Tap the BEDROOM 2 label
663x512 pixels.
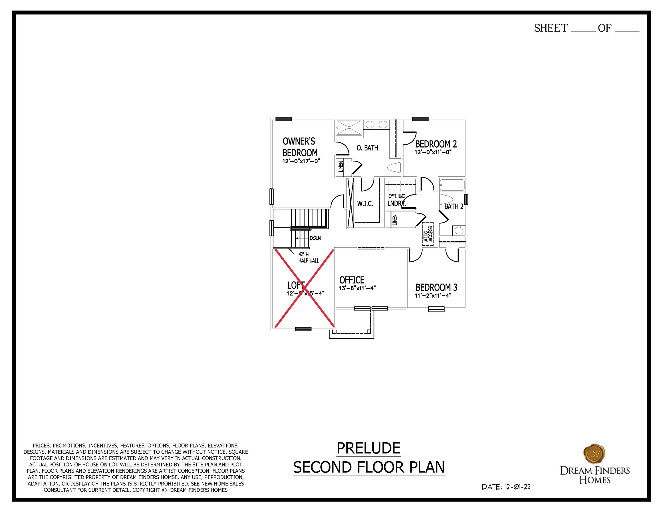point(436,144)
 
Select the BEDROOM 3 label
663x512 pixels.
point(436,288)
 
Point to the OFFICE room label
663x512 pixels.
point(352,280)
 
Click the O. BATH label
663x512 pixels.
point(367,148)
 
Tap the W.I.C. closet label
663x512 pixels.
point(365,204)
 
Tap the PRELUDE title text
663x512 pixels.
point(369,448)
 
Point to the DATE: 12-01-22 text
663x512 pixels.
point(506,487)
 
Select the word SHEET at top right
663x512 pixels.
point(551,28)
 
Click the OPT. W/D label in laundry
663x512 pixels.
point(397,196)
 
